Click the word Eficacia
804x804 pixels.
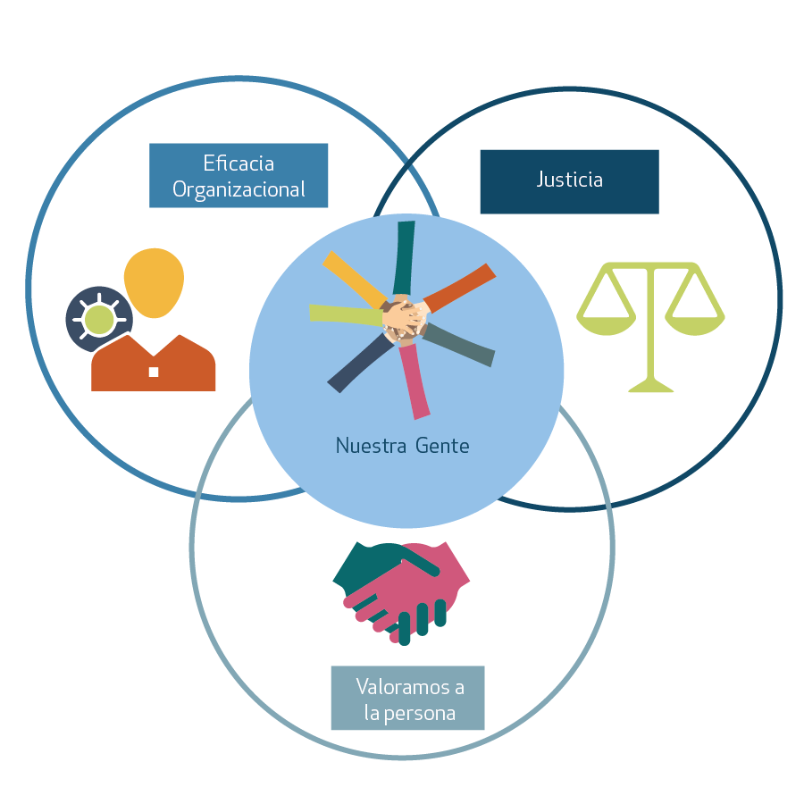pos(239,163)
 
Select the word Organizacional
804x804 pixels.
pos(239,189)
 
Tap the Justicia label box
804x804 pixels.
pos(569,181)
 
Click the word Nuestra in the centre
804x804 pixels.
pos(366,445)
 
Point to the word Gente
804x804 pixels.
pos(441,445)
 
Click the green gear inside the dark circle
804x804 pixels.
pos(99,319)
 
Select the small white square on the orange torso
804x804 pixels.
pos(154,372)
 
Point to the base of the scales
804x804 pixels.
pos(650,387)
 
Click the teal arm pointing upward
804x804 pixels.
pos(405,255)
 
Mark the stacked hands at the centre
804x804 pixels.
pos(405,319)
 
